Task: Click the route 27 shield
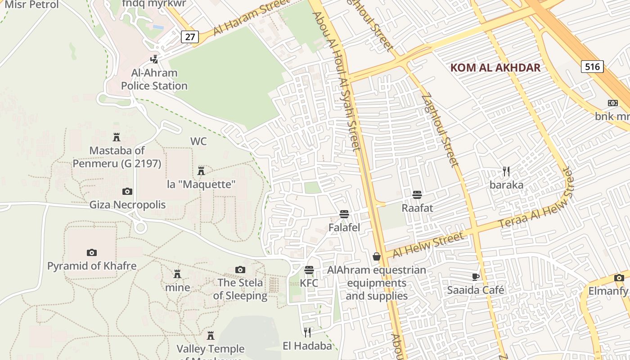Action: tap(190, 36)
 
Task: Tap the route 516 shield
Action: tap(592, 67)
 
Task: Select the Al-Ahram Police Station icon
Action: tap(154, 58)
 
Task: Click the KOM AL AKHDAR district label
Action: tap(495, 68)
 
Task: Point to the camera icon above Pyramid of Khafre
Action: tap(92, 252)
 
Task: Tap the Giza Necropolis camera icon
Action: tap(127, 191)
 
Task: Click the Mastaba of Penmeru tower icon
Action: tap(117, 137)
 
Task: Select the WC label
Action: tap(198, 141)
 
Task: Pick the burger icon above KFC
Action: tap(309, 270)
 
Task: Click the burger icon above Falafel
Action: tap(344, 214)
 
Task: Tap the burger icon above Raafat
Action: tap(417, 195)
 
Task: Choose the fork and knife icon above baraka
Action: tap(506, 171)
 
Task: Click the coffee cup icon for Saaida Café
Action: tap(476, 277)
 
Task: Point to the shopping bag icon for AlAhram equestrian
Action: tap(377, 256)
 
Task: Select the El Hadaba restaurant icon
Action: tap(307, 333)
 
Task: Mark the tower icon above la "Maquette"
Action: tap(201, 171)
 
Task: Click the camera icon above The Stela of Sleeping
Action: tap(240, 270)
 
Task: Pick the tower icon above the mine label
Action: tap(177, 274)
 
